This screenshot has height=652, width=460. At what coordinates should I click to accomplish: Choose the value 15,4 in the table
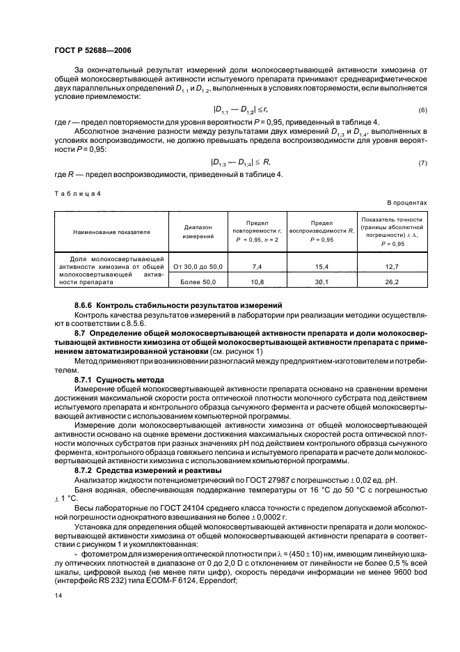tap(322, 266)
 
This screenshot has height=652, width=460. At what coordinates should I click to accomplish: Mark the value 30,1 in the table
tap(322, 282)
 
